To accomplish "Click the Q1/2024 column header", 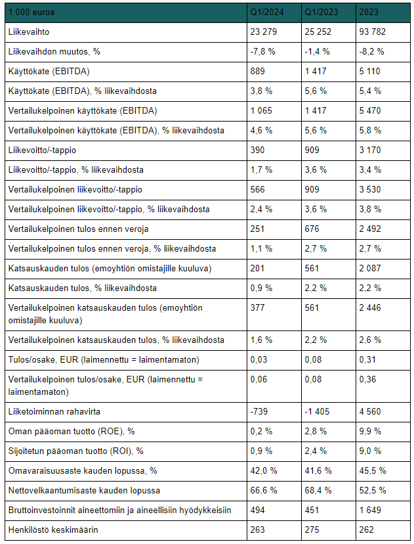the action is tap(267, 12).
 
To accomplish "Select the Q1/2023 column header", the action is tap(321, 12).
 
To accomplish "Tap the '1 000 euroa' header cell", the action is tap(31, 12).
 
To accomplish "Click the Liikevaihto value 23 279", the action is tap(264, 32).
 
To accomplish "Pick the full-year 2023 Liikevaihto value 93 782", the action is tap(373, 32).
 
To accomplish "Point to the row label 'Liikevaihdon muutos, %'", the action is tap(54, 52).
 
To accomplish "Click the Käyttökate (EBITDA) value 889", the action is tap(257, 72).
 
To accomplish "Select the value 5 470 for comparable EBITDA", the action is tap(370, 110).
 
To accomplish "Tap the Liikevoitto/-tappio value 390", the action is tap(257, 150).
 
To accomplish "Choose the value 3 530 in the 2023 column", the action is tap(370, 189).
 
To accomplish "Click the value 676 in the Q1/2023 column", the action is tap(312, 229).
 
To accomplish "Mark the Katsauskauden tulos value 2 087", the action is tap(370, 268).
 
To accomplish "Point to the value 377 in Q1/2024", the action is tap(257, 307).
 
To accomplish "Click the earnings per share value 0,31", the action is tap(367, 360).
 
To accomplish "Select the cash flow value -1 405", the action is tap(317, 412).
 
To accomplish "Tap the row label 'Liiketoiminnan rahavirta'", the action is tap(54, 412).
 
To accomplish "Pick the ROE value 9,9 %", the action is tap(370, 432).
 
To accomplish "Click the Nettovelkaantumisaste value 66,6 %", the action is tap(264, 491).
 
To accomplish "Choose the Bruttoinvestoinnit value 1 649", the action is tap(370, 510).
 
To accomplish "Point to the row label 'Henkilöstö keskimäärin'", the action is tap(53, 530).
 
